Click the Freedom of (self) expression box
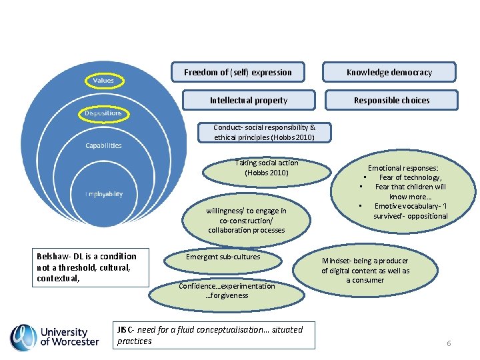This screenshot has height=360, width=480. [x=238, y=72]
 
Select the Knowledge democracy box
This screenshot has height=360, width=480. [x=389, y=72]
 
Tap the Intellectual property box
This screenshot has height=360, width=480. [x=249, y=100]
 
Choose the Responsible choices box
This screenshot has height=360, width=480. [x=391, y=100]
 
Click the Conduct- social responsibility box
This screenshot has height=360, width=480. [x=265, y=132]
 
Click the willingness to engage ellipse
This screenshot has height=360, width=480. [x=246, y=221]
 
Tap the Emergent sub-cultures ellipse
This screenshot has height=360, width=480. [x=223, y=257]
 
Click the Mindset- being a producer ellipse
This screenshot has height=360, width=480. [x=365, y=270]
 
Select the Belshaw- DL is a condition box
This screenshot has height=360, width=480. [x=91, y=267]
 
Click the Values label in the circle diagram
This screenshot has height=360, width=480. [x=103, y=81]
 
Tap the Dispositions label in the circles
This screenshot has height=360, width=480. [x=103, y=114]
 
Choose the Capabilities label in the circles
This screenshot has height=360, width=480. [x=103, y=145]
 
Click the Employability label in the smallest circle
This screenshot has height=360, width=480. [x=103, y=194]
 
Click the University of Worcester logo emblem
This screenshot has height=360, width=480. [x=23, y=337]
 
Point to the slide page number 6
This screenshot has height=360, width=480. [x=449, y=343]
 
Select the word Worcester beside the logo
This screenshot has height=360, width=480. [x=75, y=342]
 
